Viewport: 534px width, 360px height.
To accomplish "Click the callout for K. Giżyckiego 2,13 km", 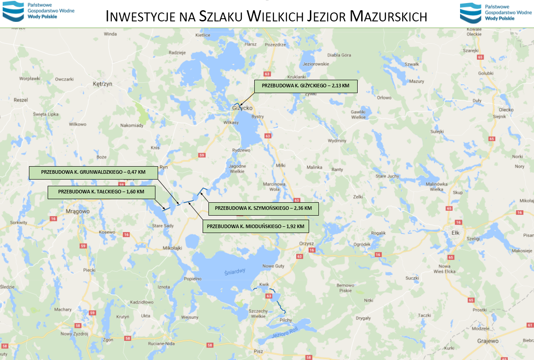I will pyautogui.click(x=306, y=86).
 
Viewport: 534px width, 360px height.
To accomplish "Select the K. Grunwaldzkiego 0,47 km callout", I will pyautogui.click(x=94, y=173).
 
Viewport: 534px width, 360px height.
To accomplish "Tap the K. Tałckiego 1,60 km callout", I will pyautogui.click(x=102, y=192).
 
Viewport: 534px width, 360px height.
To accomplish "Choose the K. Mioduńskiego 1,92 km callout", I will pyautogui.click(x=256, y=226).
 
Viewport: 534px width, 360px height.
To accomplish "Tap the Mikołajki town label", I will pyautogui.click(x=173, y=248).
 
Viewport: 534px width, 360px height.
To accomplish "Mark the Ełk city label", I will pyautogui.click(x=455, y=233).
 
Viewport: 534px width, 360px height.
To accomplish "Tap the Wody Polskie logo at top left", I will pyautogui.click(x=39, y=12).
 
